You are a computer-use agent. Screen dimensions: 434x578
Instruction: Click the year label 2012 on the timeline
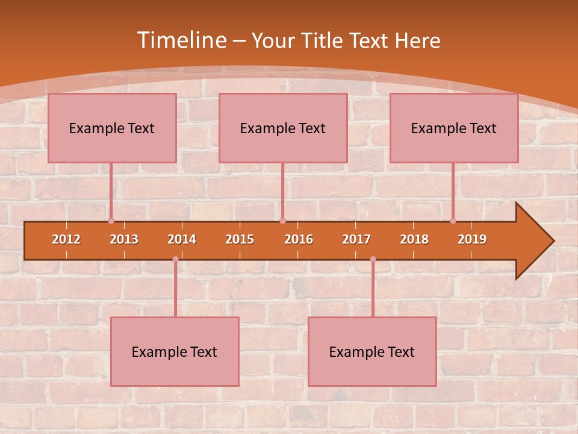click(66, 239)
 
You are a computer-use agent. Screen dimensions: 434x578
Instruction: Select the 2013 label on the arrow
click(124, 239)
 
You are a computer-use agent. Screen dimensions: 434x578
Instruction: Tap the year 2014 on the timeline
click(182, 239)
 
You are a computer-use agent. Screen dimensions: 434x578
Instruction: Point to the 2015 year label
click(240, 239)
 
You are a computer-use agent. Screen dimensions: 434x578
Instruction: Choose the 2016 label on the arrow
click(299, 239)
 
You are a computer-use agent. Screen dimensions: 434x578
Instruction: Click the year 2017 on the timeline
click(356, 239)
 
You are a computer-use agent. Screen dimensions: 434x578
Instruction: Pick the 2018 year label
click(414, 239)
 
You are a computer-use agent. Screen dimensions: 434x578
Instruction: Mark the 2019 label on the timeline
click(472, 239)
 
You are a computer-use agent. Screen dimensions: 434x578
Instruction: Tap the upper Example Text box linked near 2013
click(112, 128)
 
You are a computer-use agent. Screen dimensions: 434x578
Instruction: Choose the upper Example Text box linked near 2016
click(283, 128)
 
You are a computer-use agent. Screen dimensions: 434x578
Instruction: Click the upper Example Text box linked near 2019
click(454, 128)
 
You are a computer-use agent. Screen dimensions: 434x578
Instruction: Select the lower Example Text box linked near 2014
click(175, 351)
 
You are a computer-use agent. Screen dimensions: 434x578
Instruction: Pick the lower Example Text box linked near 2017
click(372, 351)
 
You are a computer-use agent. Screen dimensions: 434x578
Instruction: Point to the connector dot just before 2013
click(111, 221)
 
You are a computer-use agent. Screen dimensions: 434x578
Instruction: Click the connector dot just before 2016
click(282, 221)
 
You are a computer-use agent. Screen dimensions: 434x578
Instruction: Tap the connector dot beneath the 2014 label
click(175, 259)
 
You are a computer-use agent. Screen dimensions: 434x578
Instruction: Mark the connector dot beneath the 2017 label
click(373, 259)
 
